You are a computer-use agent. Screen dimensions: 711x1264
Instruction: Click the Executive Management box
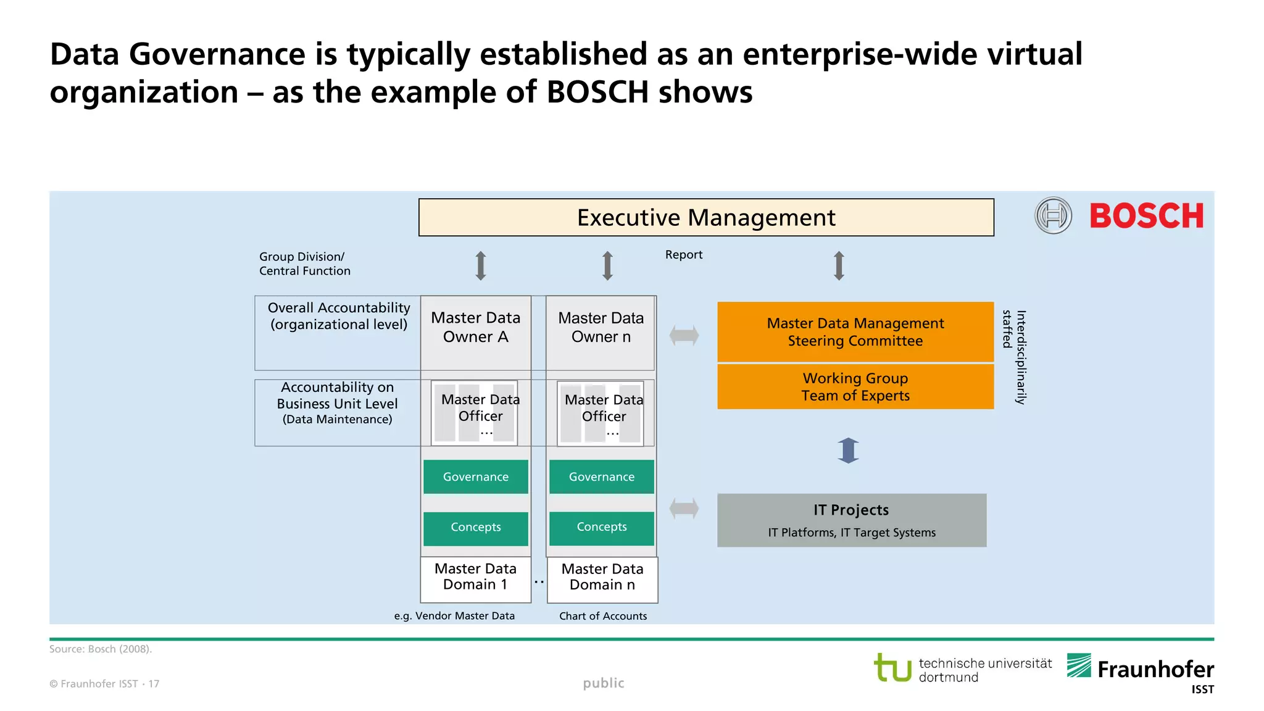(705, 217)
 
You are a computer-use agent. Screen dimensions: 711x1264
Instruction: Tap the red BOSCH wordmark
(1146, 216)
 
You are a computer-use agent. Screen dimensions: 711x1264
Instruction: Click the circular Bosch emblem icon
(1053, 215)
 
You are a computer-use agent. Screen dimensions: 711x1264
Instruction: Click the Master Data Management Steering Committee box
(855, 332)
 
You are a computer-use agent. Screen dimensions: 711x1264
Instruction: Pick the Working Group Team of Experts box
(855, 387)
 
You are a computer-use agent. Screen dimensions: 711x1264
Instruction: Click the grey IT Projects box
(851, 520)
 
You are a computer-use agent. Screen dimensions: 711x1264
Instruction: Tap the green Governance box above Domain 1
(475, 476)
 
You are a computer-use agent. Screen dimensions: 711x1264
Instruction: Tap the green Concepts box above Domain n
(601, 527)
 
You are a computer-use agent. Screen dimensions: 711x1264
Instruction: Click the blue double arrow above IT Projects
(848, 451)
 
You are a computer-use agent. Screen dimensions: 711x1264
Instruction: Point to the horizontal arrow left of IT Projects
(684, 509)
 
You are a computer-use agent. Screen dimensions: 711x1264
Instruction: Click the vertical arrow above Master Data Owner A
(481, 266)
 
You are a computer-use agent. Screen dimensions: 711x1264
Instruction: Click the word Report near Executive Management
(683, 255)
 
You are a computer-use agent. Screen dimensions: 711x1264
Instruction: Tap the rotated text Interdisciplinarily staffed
(1014, 357)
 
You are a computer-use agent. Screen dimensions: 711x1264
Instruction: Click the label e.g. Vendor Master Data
(454, 616)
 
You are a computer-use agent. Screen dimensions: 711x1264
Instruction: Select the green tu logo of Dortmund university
(892, 668)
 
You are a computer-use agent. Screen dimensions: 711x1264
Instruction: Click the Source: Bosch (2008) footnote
(101, 649)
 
